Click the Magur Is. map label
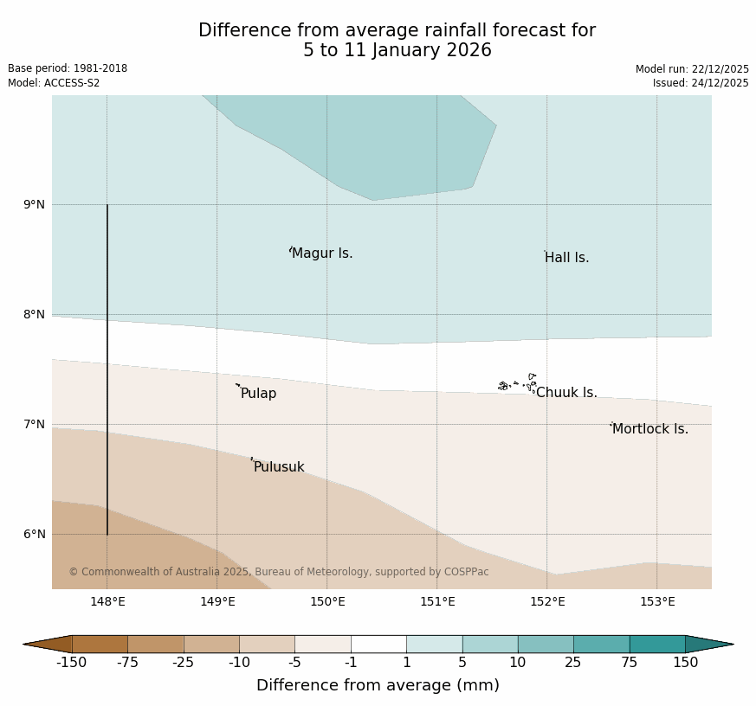(x=322, y=254)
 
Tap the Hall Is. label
(x=566, y=258)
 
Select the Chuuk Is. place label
(x=566, y=393)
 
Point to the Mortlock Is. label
(x=649, y=429)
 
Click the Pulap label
(x=258, y=394)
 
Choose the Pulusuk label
(x=278, y=467)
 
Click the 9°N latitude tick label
(x=34, y=205)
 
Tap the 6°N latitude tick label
(x=34, y=535)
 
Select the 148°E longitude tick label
(x=107, y=602)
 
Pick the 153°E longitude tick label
(x=657, y=602)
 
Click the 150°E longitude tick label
(x=327, y=602)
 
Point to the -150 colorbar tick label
(x=72, y=663)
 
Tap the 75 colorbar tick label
(x=630, y=663)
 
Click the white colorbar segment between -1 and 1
(x=378, y=644)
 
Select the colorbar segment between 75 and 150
(x=657, y=644)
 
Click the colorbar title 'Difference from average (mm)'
(x=378, y=685)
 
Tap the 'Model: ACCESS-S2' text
(x=54, y=83)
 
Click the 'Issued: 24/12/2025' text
(x=701, y=83)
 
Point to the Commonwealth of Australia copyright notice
(x=279, y=572)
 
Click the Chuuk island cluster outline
(x=518, y=383)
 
